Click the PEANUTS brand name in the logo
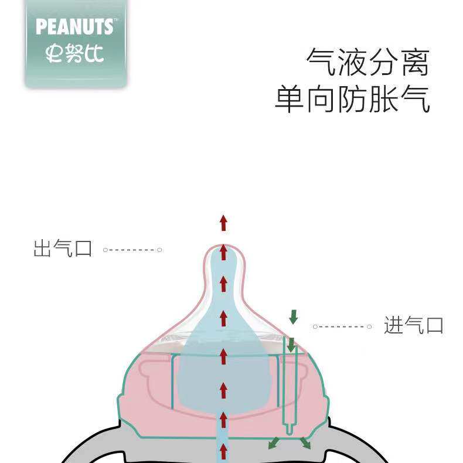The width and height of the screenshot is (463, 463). click(74, 27)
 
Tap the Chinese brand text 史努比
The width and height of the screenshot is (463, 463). click(74, 54)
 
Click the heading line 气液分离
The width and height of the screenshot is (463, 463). click(368, 63)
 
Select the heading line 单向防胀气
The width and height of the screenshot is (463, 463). click(352, 98)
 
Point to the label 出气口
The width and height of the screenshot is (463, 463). click(63, 249)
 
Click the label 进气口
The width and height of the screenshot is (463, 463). click(414, 325)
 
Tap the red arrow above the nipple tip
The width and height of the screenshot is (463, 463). click(223, 222)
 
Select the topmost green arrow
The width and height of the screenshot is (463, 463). click(293, 317)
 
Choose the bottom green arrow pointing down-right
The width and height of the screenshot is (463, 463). click(306, 443)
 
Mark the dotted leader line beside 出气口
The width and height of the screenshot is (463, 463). click(132, 250)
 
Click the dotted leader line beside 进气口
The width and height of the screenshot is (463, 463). click(343, 326)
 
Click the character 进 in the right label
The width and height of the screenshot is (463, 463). click(394, 325)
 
